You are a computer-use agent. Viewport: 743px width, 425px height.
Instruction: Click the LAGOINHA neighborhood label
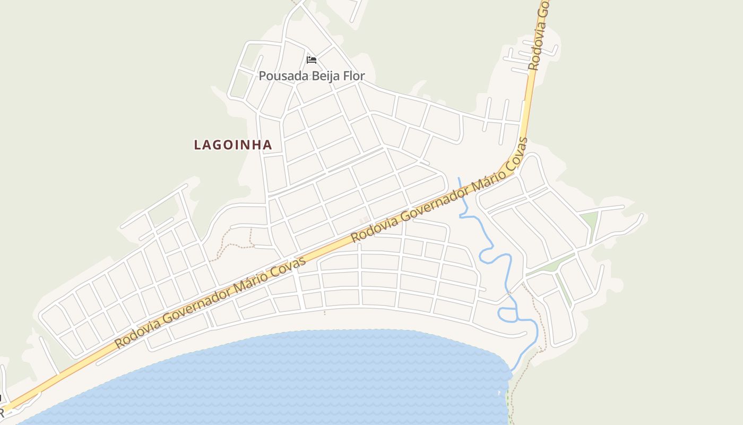(233, 144)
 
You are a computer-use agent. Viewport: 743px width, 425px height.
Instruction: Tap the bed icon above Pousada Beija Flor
(312, 59)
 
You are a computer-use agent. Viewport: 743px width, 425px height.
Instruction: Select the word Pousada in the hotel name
(283, 76)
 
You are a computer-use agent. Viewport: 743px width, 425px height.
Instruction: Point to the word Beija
(327, 76)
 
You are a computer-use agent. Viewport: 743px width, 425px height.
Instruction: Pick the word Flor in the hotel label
(354, 76)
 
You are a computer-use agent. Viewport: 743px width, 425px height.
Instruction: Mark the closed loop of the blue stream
(507, 315)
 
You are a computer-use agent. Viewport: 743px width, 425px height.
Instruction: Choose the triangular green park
(589, 220)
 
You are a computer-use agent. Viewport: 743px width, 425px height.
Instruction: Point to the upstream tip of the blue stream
(459, 178)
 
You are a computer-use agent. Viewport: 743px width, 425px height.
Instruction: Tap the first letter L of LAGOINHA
(198, 144)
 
